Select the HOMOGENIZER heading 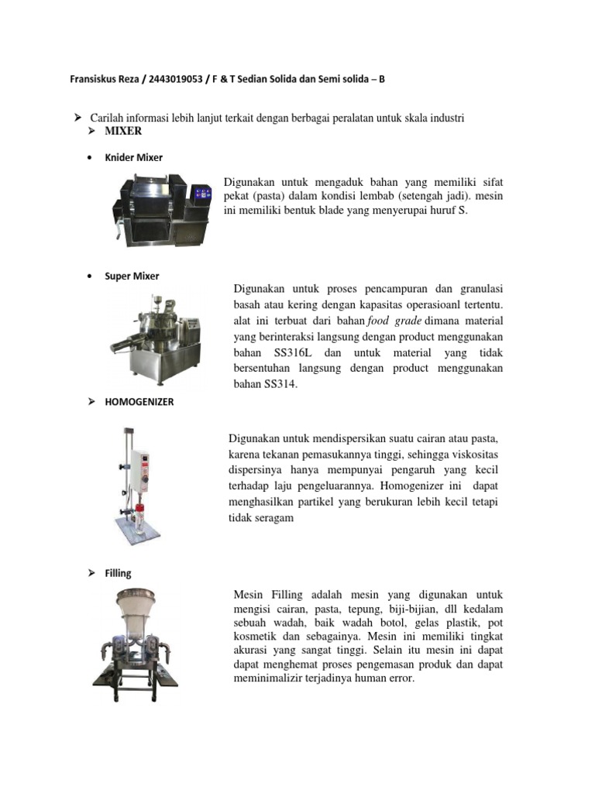click(139, 402)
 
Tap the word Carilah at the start click(108, 117)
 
